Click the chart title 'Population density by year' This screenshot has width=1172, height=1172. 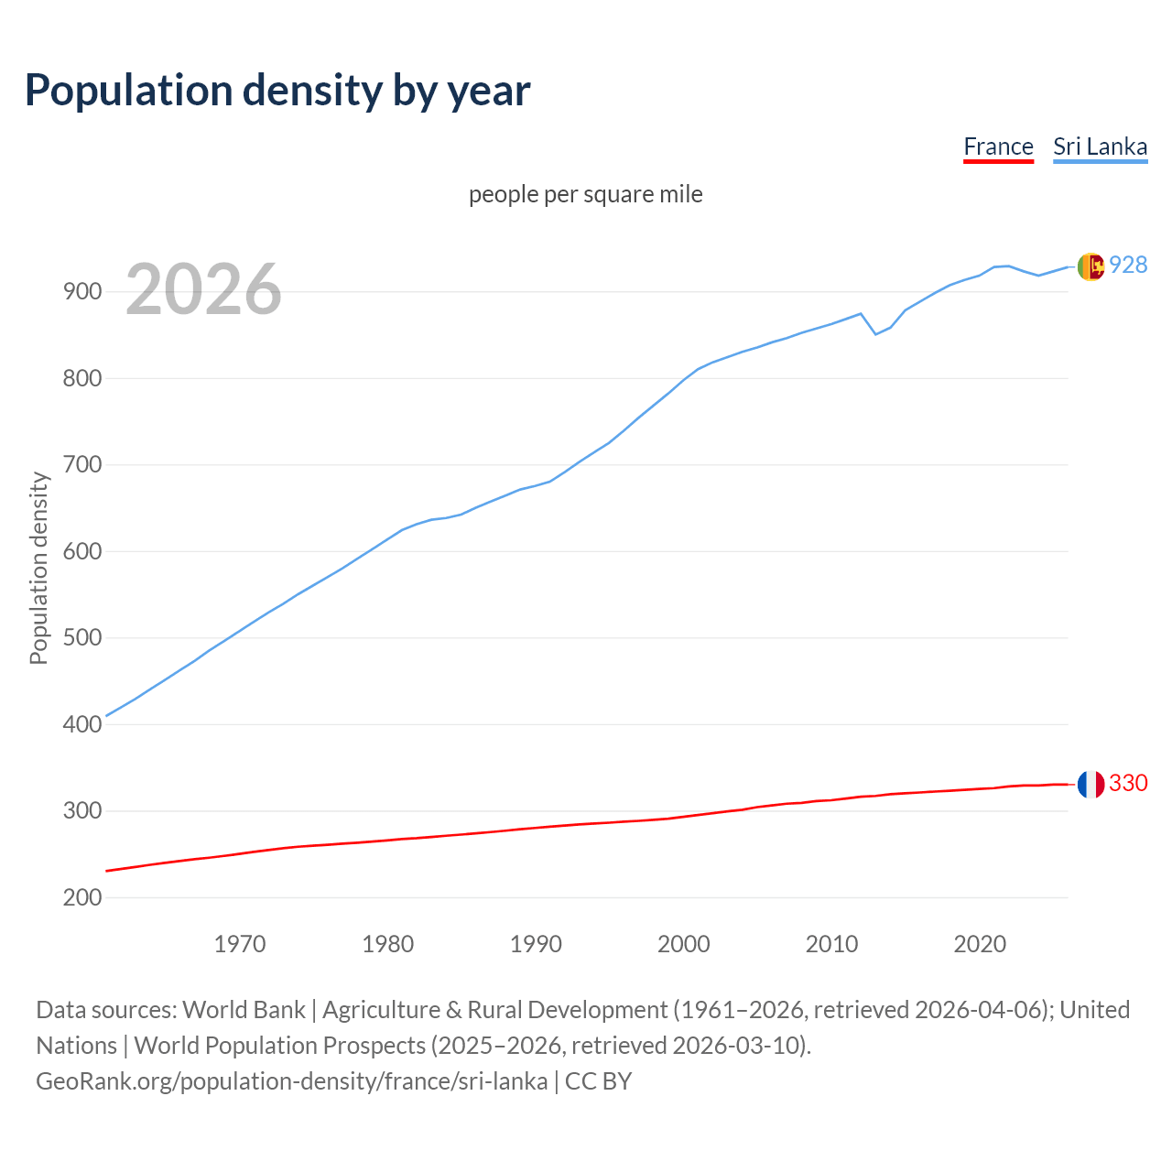point(277,90)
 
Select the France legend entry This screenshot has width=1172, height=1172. point(998,146)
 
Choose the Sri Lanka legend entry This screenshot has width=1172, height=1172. point(1100,146)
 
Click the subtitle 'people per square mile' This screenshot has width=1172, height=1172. point(585,194)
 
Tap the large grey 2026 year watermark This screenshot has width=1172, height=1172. point(203,289)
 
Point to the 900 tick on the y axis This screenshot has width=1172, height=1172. point(82,292)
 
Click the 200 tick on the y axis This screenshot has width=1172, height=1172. point(82,897)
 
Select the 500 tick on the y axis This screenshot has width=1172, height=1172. point(82,638)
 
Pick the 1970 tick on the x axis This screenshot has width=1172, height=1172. point(240,944)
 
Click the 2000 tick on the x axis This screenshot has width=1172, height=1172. point(684,944)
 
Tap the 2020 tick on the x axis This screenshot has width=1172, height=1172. point(980,944)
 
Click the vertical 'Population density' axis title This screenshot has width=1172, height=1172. point(38,568)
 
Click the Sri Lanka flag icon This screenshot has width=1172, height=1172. point(1090,266)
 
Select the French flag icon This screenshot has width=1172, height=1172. point(1090,784)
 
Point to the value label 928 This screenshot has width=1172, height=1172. point(1128,265)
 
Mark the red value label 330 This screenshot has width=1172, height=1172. point(1128,783)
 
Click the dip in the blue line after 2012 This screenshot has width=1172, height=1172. point(875,333)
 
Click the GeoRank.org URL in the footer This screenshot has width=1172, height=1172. point(292,1080)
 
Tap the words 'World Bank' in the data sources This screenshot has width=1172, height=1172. point(244,1009)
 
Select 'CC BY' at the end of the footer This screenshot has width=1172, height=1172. point(598,1080)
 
